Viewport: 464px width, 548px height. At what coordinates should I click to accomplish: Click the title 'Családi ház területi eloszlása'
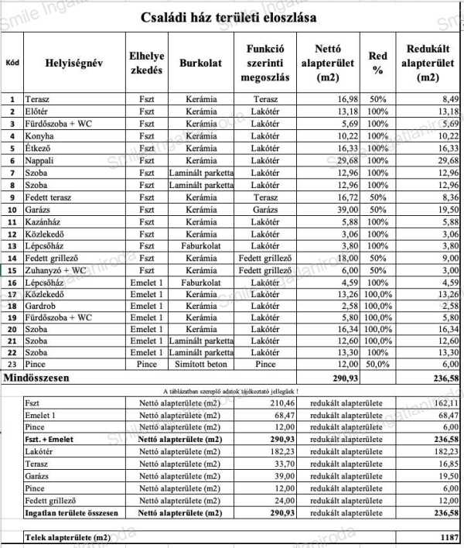229,17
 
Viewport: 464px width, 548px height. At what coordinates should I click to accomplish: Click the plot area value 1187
447,536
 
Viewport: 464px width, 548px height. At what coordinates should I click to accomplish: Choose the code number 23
12,365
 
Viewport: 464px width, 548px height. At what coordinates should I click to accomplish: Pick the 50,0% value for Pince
377,365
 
